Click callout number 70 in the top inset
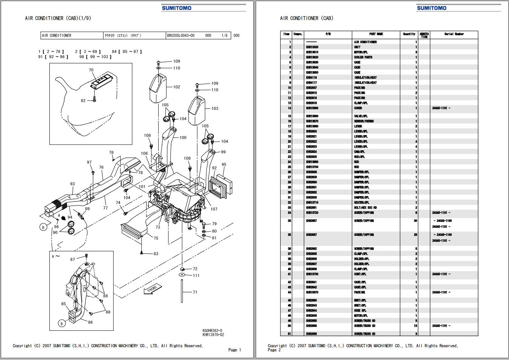[x=91, y=70]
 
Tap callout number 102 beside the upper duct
[x=177, y=87]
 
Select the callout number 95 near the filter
[x=224, y=165]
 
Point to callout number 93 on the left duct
[x=72, y=184]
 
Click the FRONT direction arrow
[x=152, y=289]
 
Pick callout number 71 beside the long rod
[x=195, y=292]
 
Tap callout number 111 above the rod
[x=196, y=276]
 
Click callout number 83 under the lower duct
[x=156, y=254]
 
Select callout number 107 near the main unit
[x=214, y=209]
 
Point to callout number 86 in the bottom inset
[x=90, y=322]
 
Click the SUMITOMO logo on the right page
[x=431, y=8]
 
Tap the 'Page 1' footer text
[x=234, y=350]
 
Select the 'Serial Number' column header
[x=454, y=34]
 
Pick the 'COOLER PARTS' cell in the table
[x=363, y=57]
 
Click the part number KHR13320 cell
[x=312, y=47]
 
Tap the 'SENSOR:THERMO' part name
[x=364, y=121]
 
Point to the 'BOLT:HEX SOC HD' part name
[x=365, y=207]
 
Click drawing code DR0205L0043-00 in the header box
[x=181, y=36]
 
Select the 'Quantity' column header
[x=409, y=34]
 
